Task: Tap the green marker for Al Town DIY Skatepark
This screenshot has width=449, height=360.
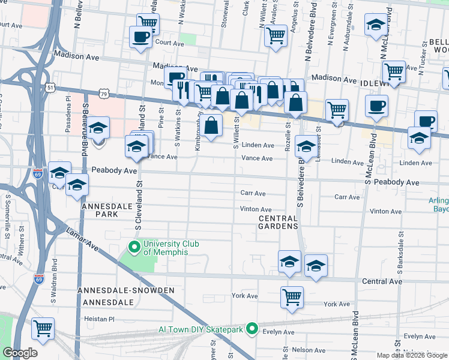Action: pyautogui.click(x=253, y=329)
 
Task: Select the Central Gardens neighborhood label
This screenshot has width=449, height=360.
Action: pyautogui.click(x=278, y=222)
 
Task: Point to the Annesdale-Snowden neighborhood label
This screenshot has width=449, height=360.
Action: pyautogui.click(x=126, y=290)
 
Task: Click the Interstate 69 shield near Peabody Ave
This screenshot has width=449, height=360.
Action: pyautogui.click(x=38, y=173)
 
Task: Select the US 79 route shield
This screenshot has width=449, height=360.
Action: pyautogui.click(x=104, y=94)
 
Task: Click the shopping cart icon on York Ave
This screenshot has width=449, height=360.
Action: pyautogui.click(x=292, y=296)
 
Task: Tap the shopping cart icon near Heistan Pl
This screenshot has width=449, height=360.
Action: pyautogui.click(x=43, y=328)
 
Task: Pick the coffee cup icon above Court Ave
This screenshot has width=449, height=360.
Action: pyautogui.click(x=140, y=36)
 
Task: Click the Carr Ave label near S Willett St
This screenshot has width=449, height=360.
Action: pyautogui.click(x=253, y=194)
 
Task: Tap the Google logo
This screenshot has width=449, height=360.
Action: pyautogui.click(x=20, y=353)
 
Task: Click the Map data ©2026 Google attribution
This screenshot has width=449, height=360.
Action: pyautogui.click(x=412, y=355)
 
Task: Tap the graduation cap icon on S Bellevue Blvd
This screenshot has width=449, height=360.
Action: pyautogui.click(x=99, y=127)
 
